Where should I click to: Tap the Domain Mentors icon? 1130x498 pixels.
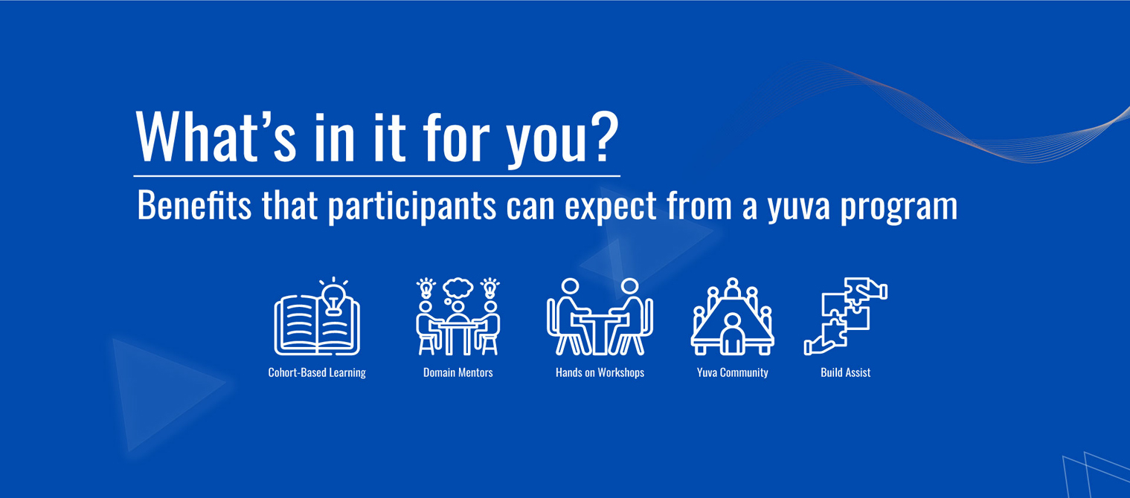point(458,316)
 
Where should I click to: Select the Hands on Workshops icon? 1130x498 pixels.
point(600,316)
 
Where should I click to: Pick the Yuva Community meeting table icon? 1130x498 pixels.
point(732,316)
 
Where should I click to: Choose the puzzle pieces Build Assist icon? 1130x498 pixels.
point(846,316)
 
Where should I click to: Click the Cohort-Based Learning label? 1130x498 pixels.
point(317,372)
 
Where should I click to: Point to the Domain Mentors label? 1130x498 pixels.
point(458,372)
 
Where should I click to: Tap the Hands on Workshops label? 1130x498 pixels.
point(600,372)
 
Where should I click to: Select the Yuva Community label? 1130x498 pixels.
point(733,372)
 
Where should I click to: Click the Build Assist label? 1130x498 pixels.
point(846,372)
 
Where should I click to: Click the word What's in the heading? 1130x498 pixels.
point(216,137)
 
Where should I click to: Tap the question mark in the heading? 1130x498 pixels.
point(604,137)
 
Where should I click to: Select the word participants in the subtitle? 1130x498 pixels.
point(412,207)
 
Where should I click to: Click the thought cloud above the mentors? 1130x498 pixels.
point(457,289)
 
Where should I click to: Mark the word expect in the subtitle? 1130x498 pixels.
point(611,207)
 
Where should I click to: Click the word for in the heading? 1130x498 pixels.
point(457,137)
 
